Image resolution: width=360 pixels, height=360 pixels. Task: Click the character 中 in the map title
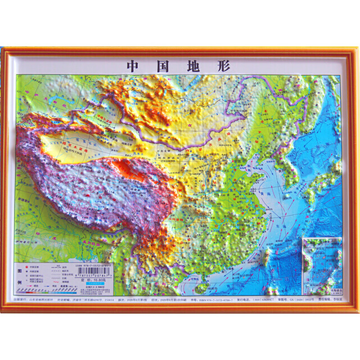coord(132,67)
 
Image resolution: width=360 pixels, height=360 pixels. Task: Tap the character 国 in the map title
coord(160,67)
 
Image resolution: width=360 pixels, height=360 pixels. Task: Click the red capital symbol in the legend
coord(27,267)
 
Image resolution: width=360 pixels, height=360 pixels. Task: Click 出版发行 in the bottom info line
coord(22,299)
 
